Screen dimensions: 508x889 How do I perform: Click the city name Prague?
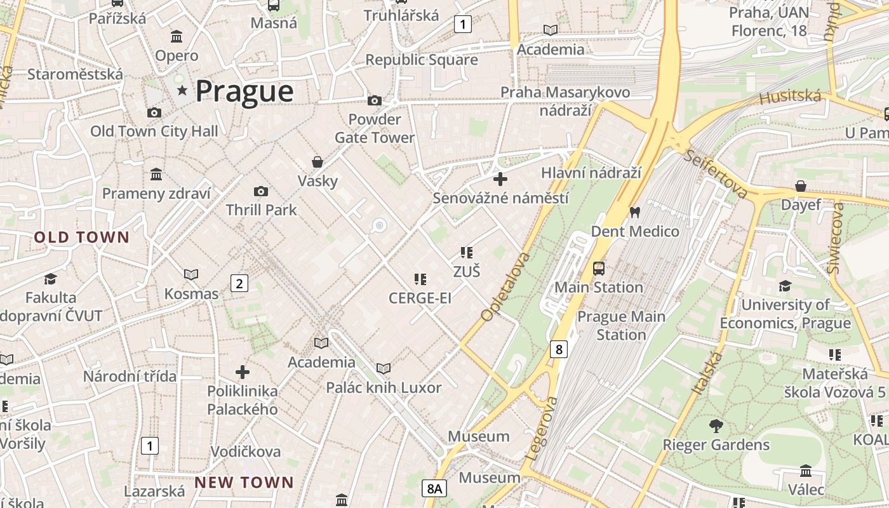[x=244, y=91]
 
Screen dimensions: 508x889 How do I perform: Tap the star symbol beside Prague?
[x=183, y=91]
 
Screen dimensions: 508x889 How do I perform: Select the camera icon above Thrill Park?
[x=260, y=191]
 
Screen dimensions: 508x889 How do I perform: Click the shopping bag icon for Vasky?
[x=317, y=162]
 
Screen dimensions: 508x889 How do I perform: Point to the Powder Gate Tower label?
[x=375, y=128]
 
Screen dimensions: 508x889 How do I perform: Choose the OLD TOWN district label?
[x=82, y=238]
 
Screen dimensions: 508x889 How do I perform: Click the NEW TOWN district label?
[x=244, y=483]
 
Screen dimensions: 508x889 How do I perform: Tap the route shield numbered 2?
[x=239, y=283]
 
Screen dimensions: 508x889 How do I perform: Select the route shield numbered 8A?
[x=434, y=488]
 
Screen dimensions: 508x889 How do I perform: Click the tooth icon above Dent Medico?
[x=634, y=213]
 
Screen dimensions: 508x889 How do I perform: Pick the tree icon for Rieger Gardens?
[x=716, y=425]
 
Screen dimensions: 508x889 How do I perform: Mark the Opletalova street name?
[x=505, y=287]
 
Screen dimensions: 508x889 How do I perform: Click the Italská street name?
[x=707, y=373]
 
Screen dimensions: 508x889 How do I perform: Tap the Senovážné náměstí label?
[x=500, y=198]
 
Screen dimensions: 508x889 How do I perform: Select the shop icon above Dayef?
[x=801, y=186]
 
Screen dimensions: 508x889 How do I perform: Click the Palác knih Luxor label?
[x=384, y=387]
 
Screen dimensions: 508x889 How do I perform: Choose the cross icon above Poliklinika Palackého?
[x=243, y=372]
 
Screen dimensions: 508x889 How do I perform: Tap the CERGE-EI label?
[x=420, y=298]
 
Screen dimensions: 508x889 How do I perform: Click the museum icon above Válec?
[x=806, y=471]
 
